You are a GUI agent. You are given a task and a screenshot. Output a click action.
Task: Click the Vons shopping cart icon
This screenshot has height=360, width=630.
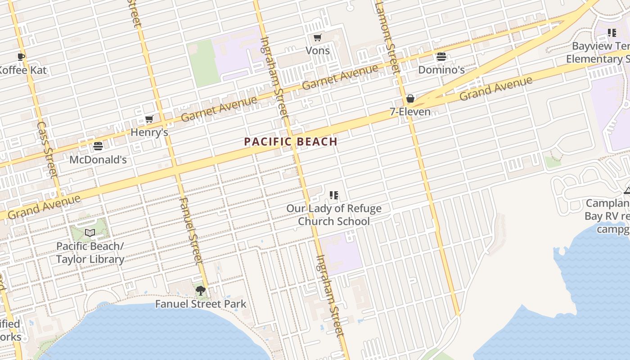click(x=317, y=38)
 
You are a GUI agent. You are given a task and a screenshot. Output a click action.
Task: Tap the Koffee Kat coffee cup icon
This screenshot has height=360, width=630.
click(x=21, y=57)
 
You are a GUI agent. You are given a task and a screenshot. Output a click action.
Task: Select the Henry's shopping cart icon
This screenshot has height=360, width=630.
click(x=149, y=119)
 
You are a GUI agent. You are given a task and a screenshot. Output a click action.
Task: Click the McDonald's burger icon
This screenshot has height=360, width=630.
click(x=98, y=146)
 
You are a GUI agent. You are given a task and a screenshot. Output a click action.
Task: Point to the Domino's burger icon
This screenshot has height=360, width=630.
click(x=441, y=57)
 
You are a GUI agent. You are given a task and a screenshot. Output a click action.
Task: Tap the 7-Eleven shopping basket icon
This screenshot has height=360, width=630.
click(x=410, y=99)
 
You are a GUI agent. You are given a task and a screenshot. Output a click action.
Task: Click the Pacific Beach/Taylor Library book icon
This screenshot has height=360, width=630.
click(x=90, y=233)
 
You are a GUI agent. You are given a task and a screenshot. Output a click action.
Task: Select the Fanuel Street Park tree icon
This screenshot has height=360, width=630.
click(x=201, y=291)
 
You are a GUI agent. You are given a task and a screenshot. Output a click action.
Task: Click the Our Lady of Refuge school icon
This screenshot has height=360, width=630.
click(x=333, y=195)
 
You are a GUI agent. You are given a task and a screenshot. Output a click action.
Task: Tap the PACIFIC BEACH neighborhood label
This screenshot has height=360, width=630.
click(x=291, y=142)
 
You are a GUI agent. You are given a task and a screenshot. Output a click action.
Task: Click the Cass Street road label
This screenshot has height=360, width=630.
click(x=47, y=148)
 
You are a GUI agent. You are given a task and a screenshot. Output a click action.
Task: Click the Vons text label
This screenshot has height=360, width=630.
click(x=318, y=50)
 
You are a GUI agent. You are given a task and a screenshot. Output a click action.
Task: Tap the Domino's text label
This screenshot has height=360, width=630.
click(x=441, y=70)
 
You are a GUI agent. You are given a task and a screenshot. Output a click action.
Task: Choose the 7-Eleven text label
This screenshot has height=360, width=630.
click(x=410, y=112)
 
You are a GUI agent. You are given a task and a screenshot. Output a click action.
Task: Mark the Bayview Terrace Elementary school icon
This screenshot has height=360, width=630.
click(x=612, y=33)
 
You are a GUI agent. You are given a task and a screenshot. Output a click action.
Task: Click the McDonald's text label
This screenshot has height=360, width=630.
click(x=98, y=160)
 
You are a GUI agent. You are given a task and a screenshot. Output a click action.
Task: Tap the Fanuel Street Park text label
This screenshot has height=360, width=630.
click(x=201, y=304)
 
